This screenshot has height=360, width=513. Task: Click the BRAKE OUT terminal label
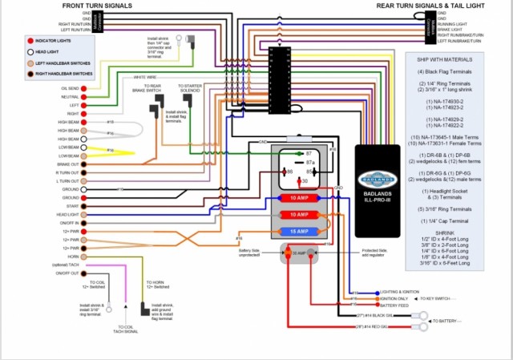(67, 164)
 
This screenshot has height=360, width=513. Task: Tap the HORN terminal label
(72, 256)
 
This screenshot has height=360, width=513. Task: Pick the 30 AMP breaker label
(301, 253)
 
